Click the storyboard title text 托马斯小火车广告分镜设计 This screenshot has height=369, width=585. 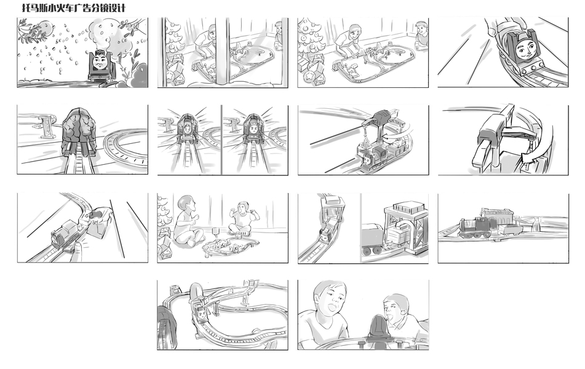(x=74, y=8)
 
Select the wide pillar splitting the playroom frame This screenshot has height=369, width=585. (x=222, y=52)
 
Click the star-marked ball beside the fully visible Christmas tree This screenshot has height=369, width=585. (x=309, y=76)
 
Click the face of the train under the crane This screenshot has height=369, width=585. (x=368, y=160)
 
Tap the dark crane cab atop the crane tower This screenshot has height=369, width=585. (x=381, y=115)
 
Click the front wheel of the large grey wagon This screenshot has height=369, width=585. (x=368, y=250)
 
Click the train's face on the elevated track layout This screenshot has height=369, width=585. (x=202, y=315)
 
